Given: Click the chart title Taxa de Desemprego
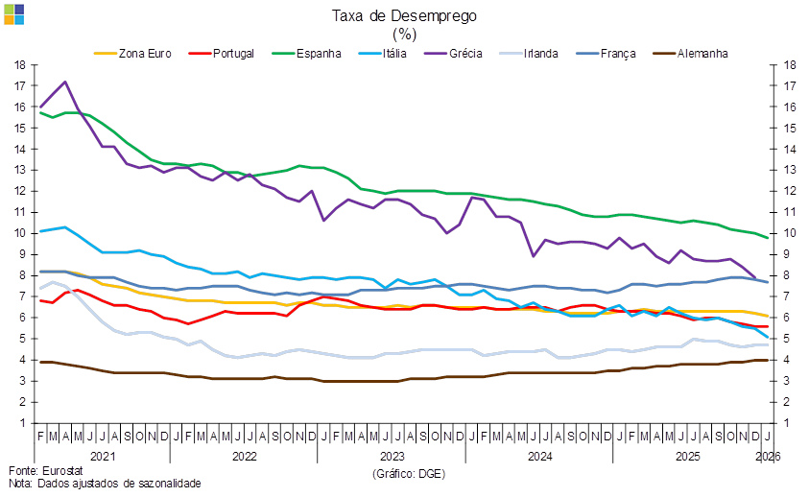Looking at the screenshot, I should (x=404, y=15).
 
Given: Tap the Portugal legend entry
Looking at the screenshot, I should (x=229, y=54).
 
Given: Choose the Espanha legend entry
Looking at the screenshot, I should (x=319, y=54).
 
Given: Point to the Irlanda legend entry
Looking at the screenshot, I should (x=538, y=54).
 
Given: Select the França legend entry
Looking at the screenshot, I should (x=618, y=54).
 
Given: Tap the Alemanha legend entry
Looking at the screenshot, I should (x=702, y=54).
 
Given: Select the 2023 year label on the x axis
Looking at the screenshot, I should (x=393, y=456).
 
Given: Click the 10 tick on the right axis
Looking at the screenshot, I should (x=792, y=233).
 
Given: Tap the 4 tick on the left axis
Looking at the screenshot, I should (x=20, y=360).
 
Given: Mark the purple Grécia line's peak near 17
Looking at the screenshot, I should (x=64, y=82).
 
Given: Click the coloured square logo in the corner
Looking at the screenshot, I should (x=14, y=13).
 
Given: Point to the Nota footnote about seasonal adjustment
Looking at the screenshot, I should (x=105, y=484).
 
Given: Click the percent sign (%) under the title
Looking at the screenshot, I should (x=404, y=34).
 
